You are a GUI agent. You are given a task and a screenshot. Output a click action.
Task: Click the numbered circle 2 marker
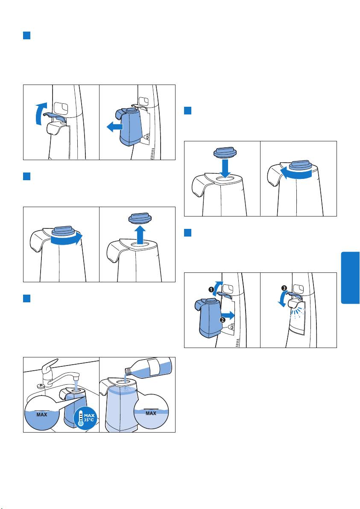point(223,319)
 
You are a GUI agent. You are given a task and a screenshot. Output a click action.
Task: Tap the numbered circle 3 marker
point(284,288)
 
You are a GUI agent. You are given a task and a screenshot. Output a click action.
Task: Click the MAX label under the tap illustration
point(41,415)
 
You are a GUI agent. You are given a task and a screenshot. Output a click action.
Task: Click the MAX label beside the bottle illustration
point(151,413)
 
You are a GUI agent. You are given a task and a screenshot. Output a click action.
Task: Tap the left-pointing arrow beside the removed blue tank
point(114,127)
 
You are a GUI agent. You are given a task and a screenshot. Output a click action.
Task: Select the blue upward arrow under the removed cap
point(140,235)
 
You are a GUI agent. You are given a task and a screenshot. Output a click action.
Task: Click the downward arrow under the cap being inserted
point(225,168)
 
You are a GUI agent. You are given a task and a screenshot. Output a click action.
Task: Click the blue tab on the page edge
point(351,278)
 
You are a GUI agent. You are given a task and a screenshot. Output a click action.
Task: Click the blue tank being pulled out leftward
point(130,126)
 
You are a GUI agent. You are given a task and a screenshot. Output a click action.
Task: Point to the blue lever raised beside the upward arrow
point(55,116)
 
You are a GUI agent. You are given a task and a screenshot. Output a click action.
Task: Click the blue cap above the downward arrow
point(225,152)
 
